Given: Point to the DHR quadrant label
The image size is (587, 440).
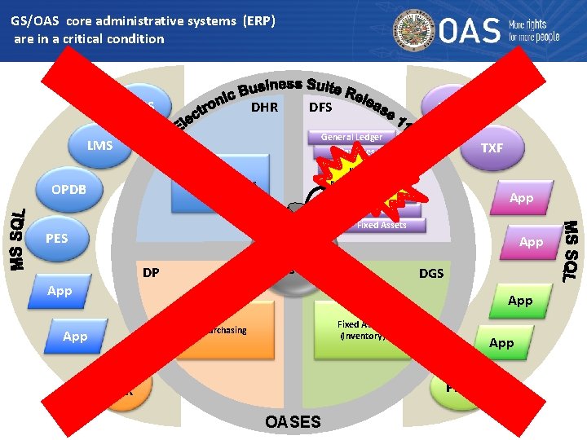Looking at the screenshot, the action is (264, 107).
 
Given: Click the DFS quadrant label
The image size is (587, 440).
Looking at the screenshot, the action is (321, 107).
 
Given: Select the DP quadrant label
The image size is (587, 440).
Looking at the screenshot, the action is (151, 273).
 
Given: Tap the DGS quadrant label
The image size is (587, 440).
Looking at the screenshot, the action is (431, 273).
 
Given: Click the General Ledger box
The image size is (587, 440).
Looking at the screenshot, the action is (351, 137).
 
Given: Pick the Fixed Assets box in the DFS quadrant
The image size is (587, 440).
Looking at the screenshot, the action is (381, 225).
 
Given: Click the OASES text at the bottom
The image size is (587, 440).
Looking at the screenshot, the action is (293, 421).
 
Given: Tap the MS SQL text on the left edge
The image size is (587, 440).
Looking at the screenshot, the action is (19, 235).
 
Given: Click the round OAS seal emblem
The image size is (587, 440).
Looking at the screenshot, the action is (415, 31).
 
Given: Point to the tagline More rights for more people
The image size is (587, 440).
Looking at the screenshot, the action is (534, 31).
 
